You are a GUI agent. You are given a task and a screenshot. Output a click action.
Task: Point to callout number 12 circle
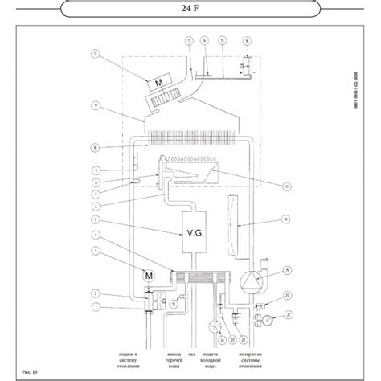click(97, 55)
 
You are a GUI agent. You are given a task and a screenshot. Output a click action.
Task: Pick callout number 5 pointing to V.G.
click(97, 219)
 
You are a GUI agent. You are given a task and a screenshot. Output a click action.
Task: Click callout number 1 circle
click(97, 306)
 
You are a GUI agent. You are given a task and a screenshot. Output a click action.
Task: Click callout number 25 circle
click(174, 304)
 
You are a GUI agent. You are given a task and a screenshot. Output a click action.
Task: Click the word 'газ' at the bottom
click(191, 354)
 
